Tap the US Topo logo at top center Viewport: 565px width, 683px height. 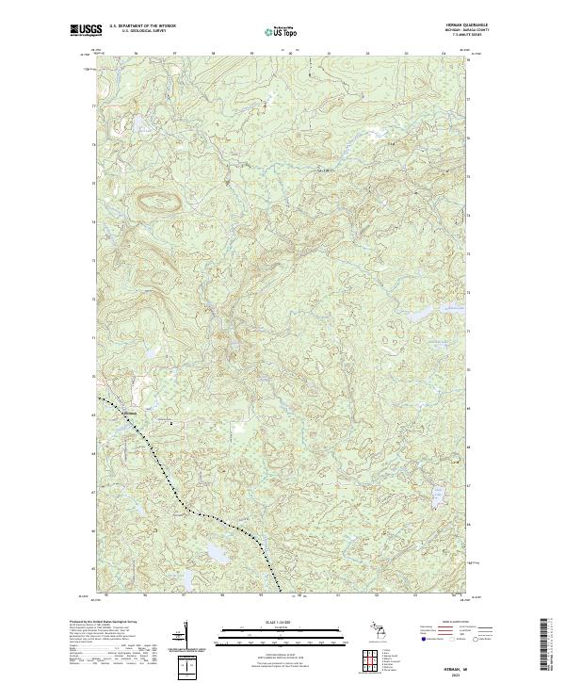coord(283,31)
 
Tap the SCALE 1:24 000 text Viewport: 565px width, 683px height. coord(282,621)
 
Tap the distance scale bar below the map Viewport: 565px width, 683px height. coord(282,632)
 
